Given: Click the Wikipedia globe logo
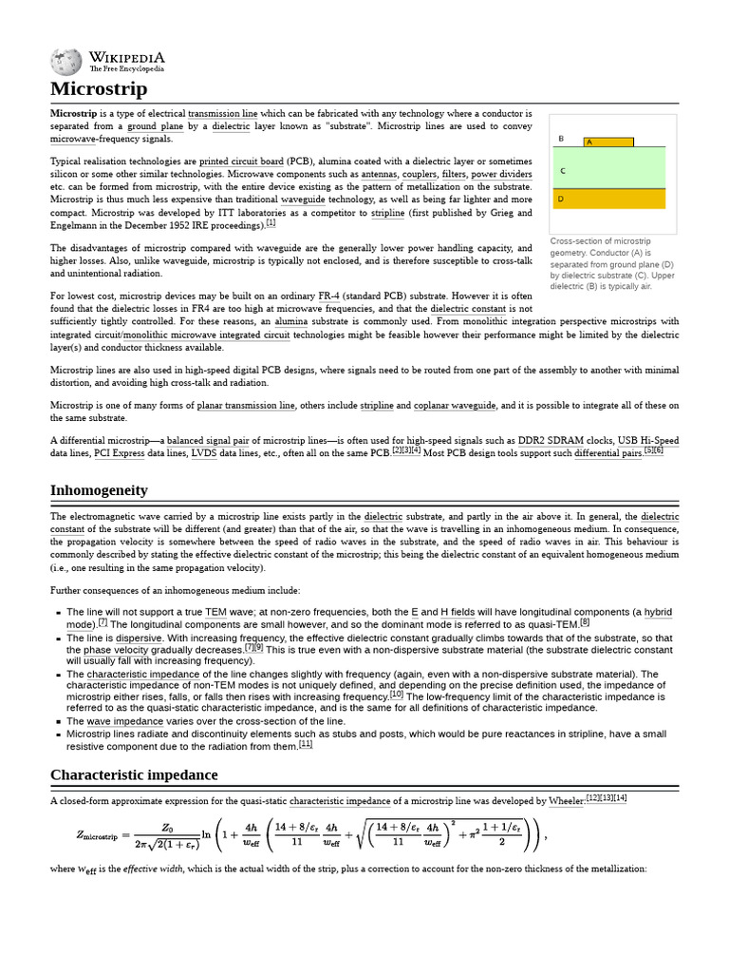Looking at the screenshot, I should click(66, 62).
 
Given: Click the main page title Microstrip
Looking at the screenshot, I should click(99, 89).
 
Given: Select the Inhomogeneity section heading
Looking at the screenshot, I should click(99, 490).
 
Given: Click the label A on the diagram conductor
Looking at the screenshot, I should click(589, 143).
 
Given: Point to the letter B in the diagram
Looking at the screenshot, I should click(561, 139).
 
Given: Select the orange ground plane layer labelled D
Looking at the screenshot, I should click(612, 200).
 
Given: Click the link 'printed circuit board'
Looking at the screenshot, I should click(241, 162).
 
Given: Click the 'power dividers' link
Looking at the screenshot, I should click(502, 175).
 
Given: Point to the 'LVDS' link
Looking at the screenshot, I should click(205, 453).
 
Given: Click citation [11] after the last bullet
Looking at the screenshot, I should click(306, 744).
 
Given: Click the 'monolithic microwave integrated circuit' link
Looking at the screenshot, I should click(219, 335).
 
